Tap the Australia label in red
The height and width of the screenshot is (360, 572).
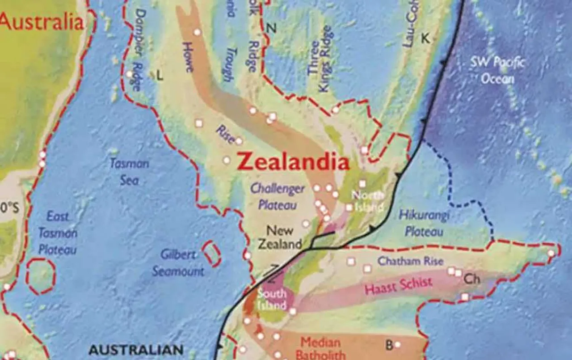tap(42, 21)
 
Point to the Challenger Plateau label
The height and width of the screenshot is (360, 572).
tap(278, 197)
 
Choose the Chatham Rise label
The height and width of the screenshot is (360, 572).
tap(410, 261)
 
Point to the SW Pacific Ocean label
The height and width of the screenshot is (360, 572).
tap(497, 71)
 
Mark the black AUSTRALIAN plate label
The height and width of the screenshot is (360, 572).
tap(136, 350)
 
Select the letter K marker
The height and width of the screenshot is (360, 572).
tap(425, 39)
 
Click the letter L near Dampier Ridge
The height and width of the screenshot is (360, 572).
tap(160, 76)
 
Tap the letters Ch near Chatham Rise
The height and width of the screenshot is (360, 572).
tap(472, 280)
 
